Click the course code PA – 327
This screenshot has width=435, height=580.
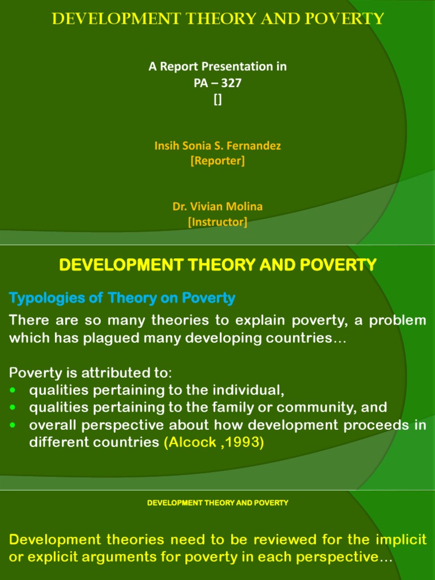click(217, 83)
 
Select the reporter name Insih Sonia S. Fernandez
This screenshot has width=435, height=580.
click(217, 146)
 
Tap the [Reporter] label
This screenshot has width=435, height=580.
click(217, 161)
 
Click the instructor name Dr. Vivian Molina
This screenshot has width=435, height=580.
click(217, 207)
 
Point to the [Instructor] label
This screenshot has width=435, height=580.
click(217, 223)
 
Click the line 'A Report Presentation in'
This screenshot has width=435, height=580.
click(217, 66)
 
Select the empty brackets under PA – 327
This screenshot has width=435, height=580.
click(217, 100)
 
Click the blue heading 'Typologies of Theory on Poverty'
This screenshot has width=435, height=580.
click(122, 297)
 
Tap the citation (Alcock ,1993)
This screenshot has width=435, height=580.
click(214, 442)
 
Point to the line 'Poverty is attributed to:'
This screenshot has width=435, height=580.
click(90, 373)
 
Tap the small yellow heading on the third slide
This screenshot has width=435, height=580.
click(217, 502)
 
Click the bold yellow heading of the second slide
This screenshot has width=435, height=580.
click(217, 265)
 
